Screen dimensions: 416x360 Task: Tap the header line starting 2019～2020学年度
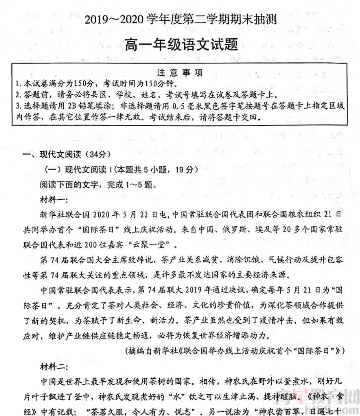pyautogui.click(x=181, y=20)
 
